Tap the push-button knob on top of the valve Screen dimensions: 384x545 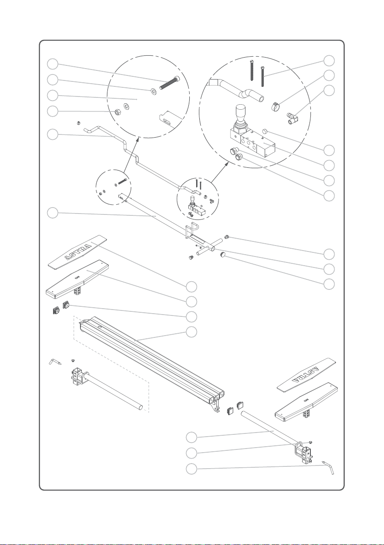click(x=240, y=112)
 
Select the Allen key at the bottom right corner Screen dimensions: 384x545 click(x=328, y=467)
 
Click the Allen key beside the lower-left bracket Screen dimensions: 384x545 click(x=55, y=362)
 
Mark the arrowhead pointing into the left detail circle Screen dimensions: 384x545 click(x=139, y=140)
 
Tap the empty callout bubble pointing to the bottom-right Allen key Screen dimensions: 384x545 click(x=191, y=469)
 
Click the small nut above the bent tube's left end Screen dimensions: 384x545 click(x=79, y=123)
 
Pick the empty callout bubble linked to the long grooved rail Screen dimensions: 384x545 click(x=191, y=332)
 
